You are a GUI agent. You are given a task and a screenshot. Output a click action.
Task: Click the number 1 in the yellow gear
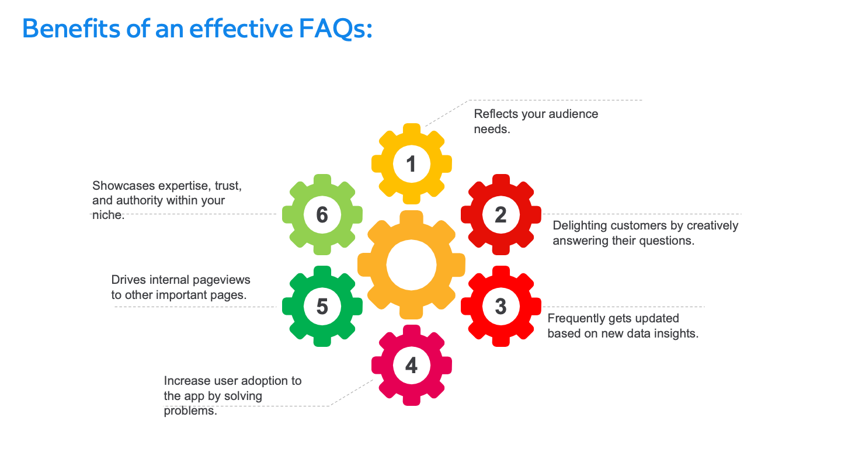pyautogui.click(x=411, y=164)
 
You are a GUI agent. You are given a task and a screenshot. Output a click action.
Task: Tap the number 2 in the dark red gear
pyautogui.click(x=501, y=215)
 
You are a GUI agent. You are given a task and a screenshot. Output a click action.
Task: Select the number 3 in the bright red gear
pyautogui.click(x=501, y=307)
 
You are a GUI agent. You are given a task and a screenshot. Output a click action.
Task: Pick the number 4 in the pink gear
pyautogui.click(x=411, y=366)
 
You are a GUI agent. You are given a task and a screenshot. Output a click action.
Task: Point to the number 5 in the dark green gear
pyautogui.click(x=322, y=307)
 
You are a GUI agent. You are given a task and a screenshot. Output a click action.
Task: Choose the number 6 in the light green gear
pyautogui.click(x=322, y=215)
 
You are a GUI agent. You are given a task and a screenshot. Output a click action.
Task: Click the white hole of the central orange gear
pyautogui.click(x=411, y=265)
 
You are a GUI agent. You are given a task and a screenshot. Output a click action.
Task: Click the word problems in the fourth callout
pyautogui.click(x=190, y=411)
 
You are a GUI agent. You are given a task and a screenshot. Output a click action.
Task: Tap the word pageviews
pyautogui.click(x=224, y=280)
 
